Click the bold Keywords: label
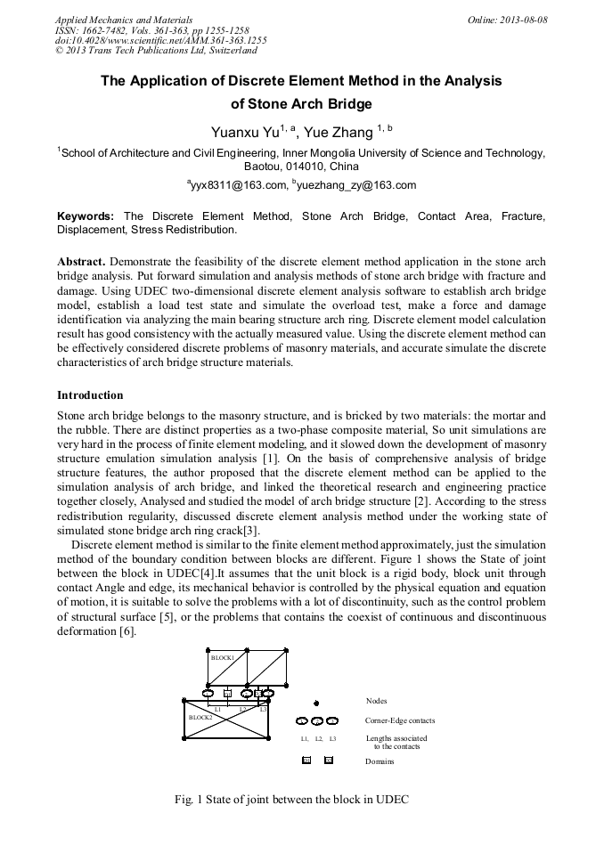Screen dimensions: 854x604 [x=86, y=216]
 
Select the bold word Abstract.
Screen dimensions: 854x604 [x=81, y=262]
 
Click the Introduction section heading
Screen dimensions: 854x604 [x=90, y=394]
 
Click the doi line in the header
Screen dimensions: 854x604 [x=160, y=40]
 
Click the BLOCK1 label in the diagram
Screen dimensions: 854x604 [x=222, y=658]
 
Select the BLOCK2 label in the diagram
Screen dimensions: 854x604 [x=200, y=716]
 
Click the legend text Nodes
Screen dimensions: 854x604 [x=377, y=701]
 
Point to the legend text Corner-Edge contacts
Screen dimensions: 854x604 [x=401, y=720]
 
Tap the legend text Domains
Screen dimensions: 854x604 [x=380, y=761]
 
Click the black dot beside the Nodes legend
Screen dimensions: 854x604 [x=317, y=703]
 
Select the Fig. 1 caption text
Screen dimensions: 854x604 [x=291, y=800]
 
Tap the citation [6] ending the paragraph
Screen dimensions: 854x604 [x=127, y=631]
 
